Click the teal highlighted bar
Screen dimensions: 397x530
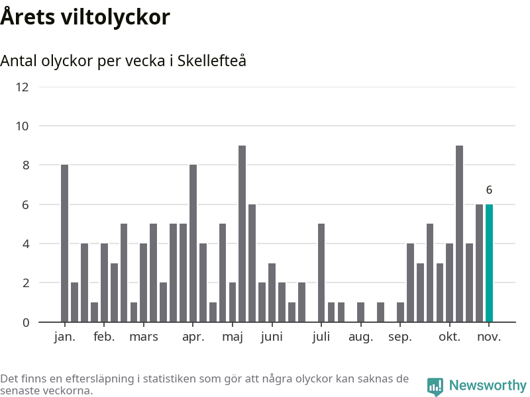pyautogui.click(x=489, y=263)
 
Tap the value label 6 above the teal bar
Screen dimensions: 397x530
pyautogui.click(x=489, y=190)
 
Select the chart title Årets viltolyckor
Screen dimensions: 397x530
pyautogui.click(x=85, y=17)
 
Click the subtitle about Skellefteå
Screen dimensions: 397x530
pyautogui.click(x=123, y=61)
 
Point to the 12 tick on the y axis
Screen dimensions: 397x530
pyautogui.click(x=23, y=87)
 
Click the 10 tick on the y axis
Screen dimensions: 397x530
pyautogui.click(x=23, y=126)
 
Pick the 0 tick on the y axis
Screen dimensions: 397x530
pyautogui.click(x=25, y=322)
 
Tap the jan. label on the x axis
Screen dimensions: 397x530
pyautogui.click(x=65, y=336)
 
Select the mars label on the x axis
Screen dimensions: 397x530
pyautogui.click(x=144, y=336)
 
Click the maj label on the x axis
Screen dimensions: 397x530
pyautogui.click(x=233, y=336)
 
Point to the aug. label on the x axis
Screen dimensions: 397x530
pyautogui.click(x=361, y=336)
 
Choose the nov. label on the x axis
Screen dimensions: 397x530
pyautogui.click(x=489, y=336)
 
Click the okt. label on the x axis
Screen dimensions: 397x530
pyautogui.click(x=450, y=336)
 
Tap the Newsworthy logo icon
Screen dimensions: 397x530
pyautogui.click(x=435, y=386)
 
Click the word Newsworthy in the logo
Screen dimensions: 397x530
pyautogui.click(x=488, y=385)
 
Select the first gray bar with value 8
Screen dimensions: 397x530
pyautogui.click(x=65, y=243)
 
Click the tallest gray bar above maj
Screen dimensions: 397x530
pyautogui.click(x=242, y=234)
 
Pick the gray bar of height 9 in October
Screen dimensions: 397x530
pyautogui.click(x=460, y=234)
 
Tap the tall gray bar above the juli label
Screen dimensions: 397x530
pyautogui.click(x=321, y=273)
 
